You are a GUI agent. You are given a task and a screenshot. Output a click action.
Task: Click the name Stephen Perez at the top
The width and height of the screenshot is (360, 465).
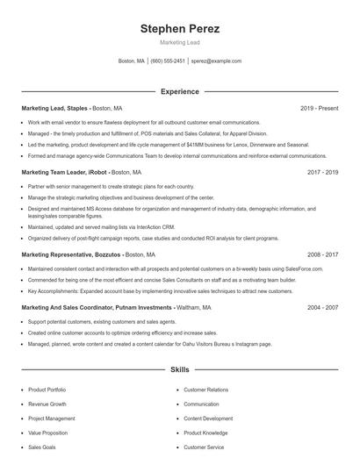tap(179, 29)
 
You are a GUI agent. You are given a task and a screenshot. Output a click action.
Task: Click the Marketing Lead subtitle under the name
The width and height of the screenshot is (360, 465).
tap(179, 43)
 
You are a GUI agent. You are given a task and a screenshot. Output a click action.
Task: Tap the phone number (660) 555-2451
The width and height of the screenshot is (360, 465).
tap(168, 61)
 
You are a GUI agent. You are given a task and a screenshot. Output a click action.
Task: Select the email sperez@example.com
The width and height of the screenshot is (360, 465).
tap(216, 61)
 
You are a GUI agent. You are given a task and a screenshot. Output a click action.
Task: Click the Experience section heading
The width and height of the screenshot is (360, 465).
tap(179, 91)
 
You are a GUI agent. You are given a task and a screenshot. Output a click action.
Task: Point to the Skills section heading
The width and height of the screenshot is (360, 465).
tap(179, 370)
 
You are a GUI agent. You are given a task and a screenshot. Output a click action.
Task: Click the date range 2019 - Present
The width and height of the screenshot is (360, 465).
tap(319, 108)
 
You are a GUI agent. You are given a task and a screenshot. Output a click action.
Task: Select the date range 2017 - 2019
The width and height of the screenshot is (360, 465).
tap(322, 172)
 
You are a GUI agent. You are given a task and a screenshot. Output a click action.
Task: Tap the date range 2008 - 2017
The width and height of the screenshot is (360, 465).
tap(322, 254)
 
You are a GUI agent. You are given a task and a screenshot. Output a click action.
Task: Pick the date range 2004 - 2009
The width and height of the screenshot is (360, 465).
tap(322, 308)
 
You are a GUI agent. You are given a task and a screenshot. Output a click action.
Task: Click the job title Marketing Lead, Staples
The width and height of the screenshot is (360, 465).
tap(54, 108)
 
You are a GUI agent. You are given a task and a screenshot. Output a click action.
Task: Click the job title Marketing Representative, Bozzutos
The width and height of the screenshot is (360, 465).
tap(70, 254)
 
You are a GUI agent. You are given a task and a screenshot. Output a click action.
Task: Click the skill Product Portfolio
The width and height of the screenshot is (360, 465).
tap(47, 390)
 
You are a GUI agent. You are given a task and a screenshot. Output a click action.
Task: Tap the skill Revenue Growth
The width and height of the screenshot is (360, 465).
tap(47, 404)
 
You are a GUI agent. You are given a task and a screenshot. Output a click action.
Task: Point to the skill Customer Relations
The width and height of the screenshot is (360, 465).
tap(205, 390)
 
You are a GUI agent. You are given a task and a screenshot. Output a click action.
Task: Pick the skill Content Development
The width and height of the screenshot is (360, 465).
tap(208, 418)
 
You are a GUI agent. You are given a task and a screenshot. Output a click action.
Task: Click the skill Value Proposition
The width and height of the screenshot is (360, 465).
tap(47, 433)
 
